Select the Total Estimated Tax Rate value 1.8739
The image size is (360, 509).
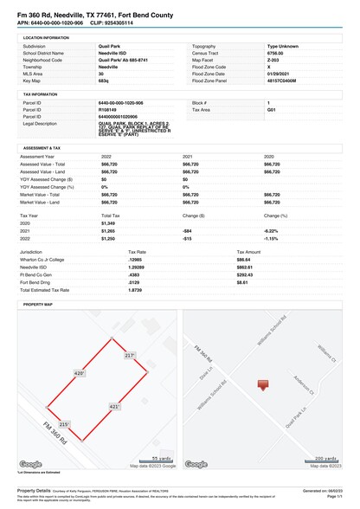click(112, 289)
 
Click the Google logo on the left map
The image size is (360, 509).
click(29, 463)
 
